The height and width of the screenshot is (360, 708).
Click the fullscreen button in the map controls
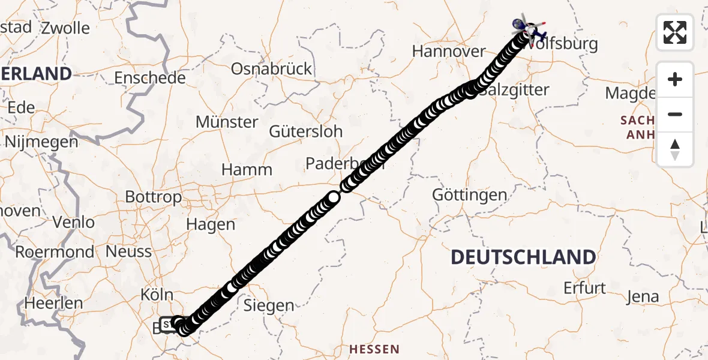click(675, 32)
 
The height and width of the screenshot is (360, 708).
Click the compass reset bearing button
click(675, 149)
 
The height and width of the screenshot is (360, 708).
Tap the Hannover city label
click(448, 52)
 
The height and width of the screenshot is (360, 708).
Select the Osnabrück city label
click(272, 68)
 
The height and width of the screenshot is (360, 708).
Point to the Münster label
click(227, 122)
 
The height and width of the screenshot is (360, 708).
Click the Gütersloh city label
click(306, 131)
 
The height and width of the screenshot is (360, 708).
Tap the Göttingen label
click(470, 195)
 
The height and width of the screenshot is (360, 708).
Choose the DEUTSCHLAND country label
click(523, 257)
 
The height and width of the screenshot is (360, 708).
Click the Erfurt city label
click(584, 288)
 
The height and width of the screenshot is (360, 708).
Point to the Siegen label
click(269, 306)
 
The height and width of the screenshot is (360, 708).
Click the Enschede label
click(150, 78)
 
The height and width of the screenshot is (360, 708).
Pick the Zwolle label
click(65, 28)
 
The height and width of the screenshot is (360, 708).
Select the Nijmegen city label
click(41, 142)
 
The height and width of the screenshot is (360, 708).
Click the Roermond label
click(55, 252)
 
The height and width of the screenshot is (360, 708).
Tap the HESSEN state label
click(374, 349)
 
